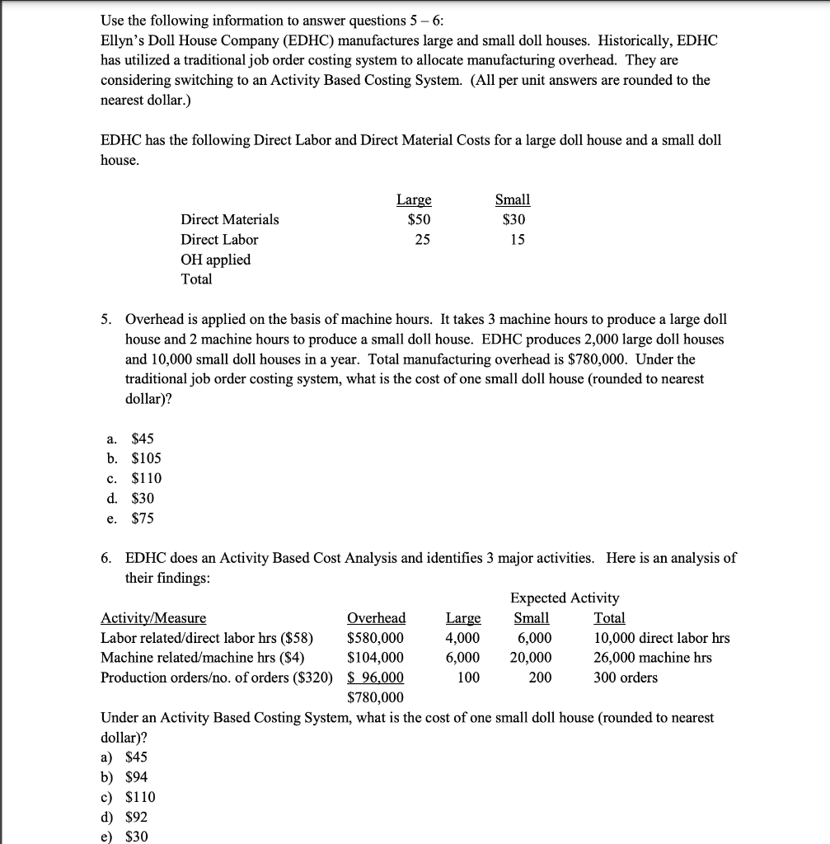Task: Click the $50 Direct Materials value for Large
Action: pyautogui.click(x=419, y=219)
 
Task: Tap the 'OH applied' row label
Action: pyautogui.click(x=216, y=259)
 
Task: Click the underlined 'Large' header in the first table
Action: pyautogui.click(x=414, y=199)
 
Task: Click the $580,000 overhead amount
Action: pyautogui.click(x=376, y=638)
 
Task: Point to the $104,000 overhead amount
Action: pyautogui.click(x=376, y=658)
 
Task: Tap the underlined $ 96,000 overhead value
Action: pyautogui.click(x=376, y=678)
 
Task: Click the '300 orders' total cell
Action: pyautogui.click(x=626, y=678)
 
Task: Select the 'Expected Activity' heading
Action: pyautogui.click(x=565, y=598)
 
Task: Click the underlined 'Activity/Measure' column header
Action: pyautogui.click(x=153, y=618)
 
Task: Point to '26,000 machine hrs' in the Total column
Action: pyautogui.click(x=653, y=658)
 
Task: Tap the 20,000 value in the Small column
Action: pyautogui.click(x=531, y=658)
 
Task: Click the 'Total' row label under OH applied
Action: pyautogui.click(x=197, y=279)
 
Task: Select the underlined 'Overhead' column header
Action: pyautogui.click(x=377, y=618)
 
